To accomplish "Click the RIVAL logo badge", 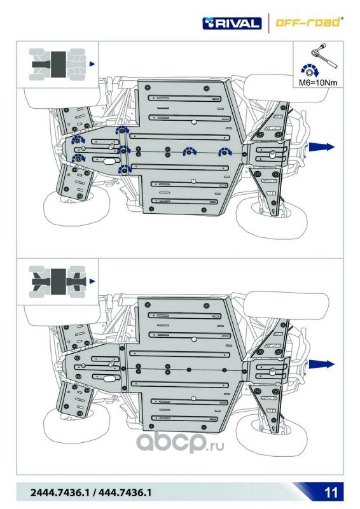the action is point(232,24).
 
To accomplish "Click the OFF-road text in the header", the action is point(308,22).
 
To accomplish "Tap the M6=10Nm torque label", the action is point(318,83).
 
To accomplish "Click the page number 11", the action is point(331,492).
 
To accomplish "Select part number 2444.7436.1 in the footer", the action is point(59,492).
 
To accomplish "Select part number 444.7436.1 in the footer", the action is point(125,492).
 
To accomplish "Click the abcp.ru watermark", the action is point(180,442).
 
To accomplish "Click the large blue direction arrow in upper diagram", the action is point(321,147).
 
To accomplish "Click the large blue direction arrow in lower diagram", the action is point(321,364).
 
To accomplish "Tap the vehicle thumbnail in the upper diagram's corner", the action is point(57,64).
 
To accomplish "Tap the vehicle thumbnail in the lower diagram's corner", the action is point(57,281).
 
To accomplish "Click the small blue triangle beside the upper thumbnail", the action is point(92,64).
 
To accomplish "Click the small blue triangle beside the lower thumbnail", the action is point(92,281).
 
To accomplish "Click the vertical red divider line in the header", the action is point(269,23).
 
